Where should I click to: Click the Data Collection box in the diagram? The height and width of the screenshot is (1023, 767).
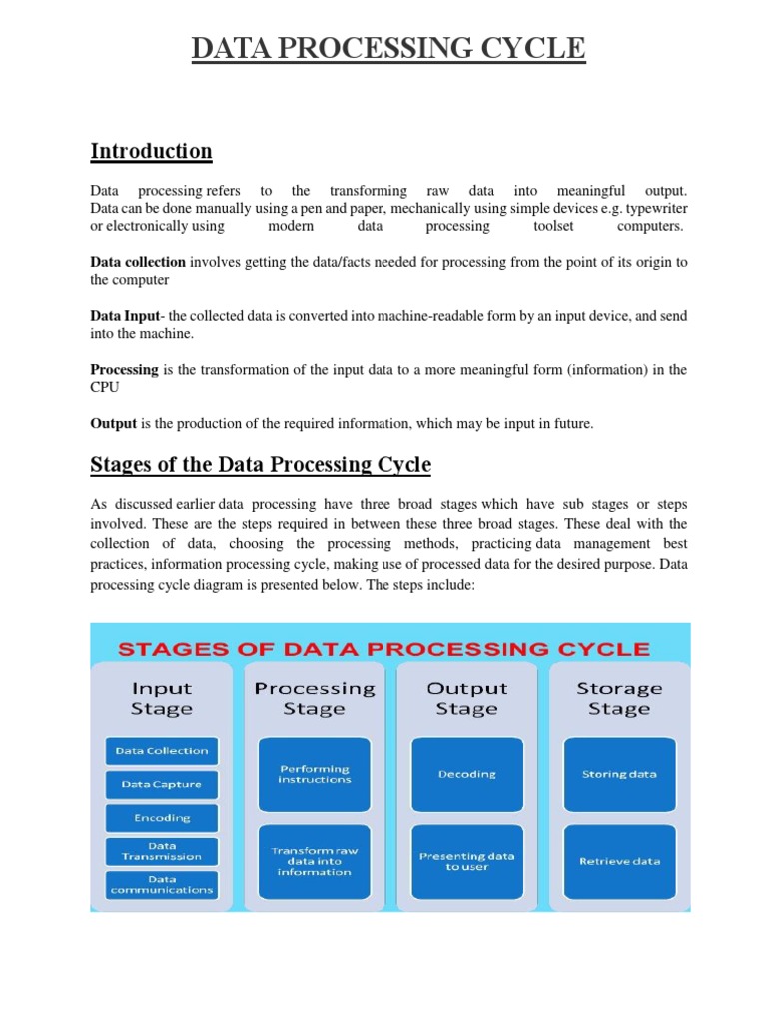pyautogui.click(x=161, y=751)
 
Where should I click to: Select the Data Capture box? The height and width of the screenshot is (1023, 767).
pyautogui.click(x=161, y=784)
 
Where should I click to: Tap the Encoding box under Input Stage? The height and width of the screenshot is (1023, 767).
pyautogui.click(x=161, y=818)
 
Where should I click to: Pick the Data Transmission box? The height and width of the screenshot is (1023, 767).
pyautogui.click(x=161, y=851)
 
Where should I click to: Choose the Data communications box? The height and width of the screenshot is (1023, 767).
pyautogui.click(x=161, y=884)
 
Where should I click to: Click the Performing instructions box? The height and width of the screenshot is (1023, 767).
pyautogui.click(x=315, y=774)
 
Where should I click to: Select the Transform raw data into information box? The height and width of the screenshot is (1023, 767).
pyautogui.click(x=315, y=861)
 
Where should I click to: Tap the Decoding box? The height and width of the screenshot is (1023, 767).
pyautogui.click(x=466, y=774)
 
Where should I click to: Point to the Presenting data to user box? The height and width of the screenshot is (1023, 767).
pyautogui.click(x=466, y=861)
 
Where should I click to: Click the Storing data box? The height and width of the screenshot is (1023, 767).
pyautogui.click(x=619, y=774)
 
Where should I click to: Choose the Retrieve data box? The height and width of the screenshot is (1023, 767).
pyautogui.click(x=619, y=861)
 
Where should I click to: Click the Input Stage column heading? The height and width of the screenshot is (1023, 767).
pyautogui.click(x=161, y=699)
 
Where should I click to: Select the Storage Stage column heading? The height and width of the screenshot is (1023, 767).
pyautogui.click(x=619, y=699)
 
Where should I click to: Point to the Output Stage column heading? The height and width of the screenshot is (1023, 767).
pyautogui.click(x=466, y=699)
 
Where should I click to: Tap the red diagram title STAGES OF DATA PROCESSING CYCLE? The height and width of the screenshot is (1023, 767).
pyautogui.click(x=384, y=649)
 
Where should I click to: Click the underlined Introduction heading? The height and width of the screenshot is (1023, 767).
pyautogui.click(x=151, y=151)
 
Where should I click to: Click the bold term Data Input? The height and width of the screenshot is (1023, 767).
pyautogui.click(x=125, y=316)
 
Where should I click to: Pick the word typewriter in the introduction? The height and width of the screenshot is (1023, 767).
pyautogui.click(x=656, y=208)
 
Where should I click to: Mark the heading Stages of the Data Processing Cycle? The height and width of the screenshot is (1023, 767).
pyautogui.click(x=261, y=465)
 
